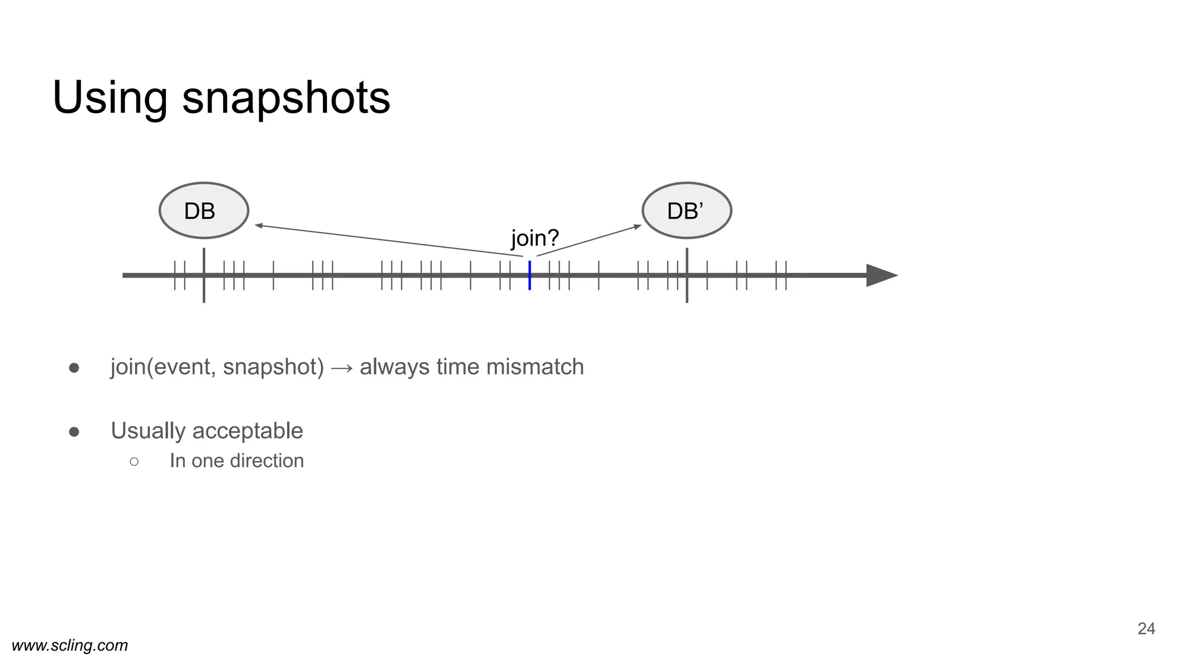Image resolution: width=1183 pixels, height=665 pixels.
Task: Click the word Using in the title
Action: point(110,98)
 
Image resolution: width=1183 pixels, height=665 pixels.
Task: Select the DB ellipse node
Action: point(203,211)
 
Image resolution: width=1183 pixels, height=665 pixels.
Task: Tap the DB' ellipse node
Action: point(686,211)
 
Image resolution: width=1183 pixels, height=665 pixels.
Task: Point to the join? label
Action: point(535,238)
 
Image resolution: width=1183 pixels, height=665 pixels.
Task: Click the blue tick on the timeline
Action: point(530,275)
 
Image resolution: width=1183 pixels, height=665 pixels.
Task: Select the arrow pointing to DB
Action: point(387,240)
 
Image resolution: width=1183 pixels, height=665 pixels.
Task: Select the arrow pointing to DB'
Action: point(589,240)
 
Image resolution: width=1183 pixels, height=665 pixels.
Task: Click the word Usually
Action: point(148,431)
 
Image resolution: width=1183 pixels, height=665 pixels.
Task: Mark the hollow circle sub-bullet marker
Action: point(134,461)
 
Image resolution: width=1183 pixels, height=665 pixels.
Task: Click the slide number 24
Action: point(1146,629)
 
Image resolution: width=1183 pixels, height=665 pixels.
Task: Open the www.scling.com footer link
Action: point(70,645)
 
